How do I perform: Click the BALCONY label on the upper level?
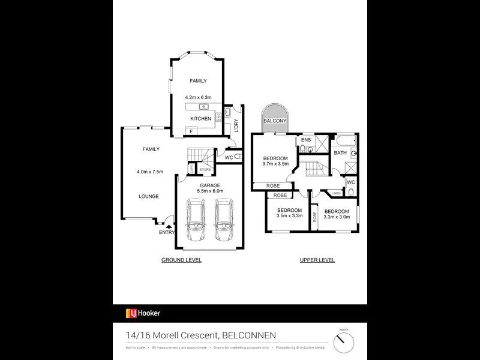274,121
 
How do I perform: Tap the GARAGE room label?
210,185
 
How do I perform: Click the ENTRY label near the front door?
167,232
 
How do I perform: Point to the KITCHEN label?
201,119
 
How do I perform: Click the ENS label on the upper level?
305,140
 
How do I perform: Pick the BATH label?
340,153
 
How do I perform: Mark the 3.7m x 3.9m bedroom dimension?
276,164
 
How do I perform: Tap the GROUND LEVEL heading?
181,260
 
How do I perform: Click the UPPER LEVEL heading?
317,260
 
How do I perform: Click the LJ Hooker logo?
143,313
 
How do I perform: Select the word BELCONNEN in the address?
249,335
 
